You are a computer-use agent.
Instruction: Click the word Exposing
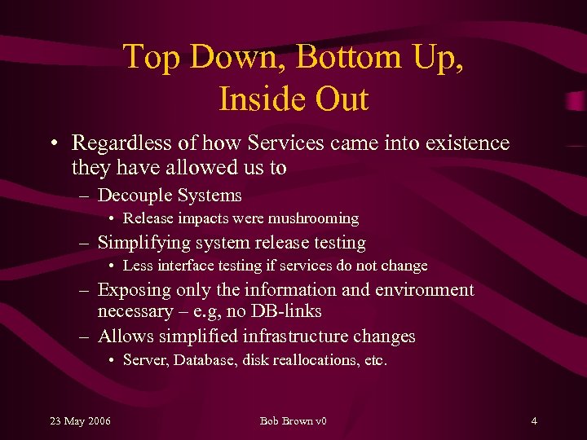pos(135,290)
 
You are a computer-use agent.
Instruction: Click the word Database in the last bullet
pos(205,360)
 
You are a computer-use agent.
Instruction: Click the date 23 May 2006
pos(81,420)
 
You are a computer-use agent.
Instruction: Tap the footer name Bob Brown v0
pos(293,420)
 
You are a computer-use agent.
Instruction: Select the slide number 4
pos(533,420)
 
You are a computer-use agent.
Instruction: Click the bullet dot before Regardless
pos(53,144)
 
